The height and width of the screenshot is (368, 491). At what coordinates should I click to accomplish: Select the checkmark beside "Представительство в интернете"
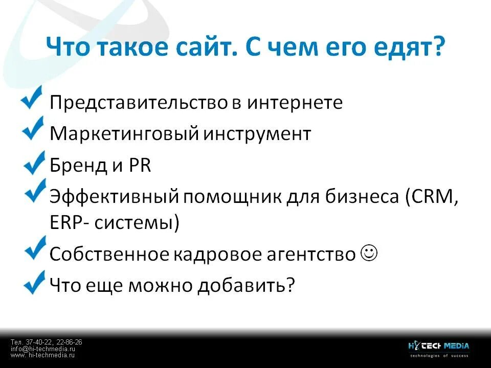click(32, 98)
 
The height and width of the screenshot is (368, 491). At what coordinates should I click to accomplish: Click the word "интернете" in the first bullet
click(295, 102)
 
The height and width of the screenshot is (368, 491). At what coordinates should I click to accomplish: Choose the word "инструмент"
click(257, 134)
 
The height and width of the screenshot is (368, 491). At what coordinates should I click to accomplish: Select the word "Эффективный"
click(113, 197)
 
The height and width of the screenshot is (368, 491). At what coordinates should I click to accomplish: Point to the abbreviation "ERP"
click(67, 223)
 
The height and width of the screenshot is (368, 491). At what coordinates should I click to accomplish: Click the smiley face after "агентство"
click(369, 252)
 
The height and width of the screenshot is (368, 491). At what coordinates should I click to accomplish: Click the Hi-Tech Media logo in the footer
click(438, 348)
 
